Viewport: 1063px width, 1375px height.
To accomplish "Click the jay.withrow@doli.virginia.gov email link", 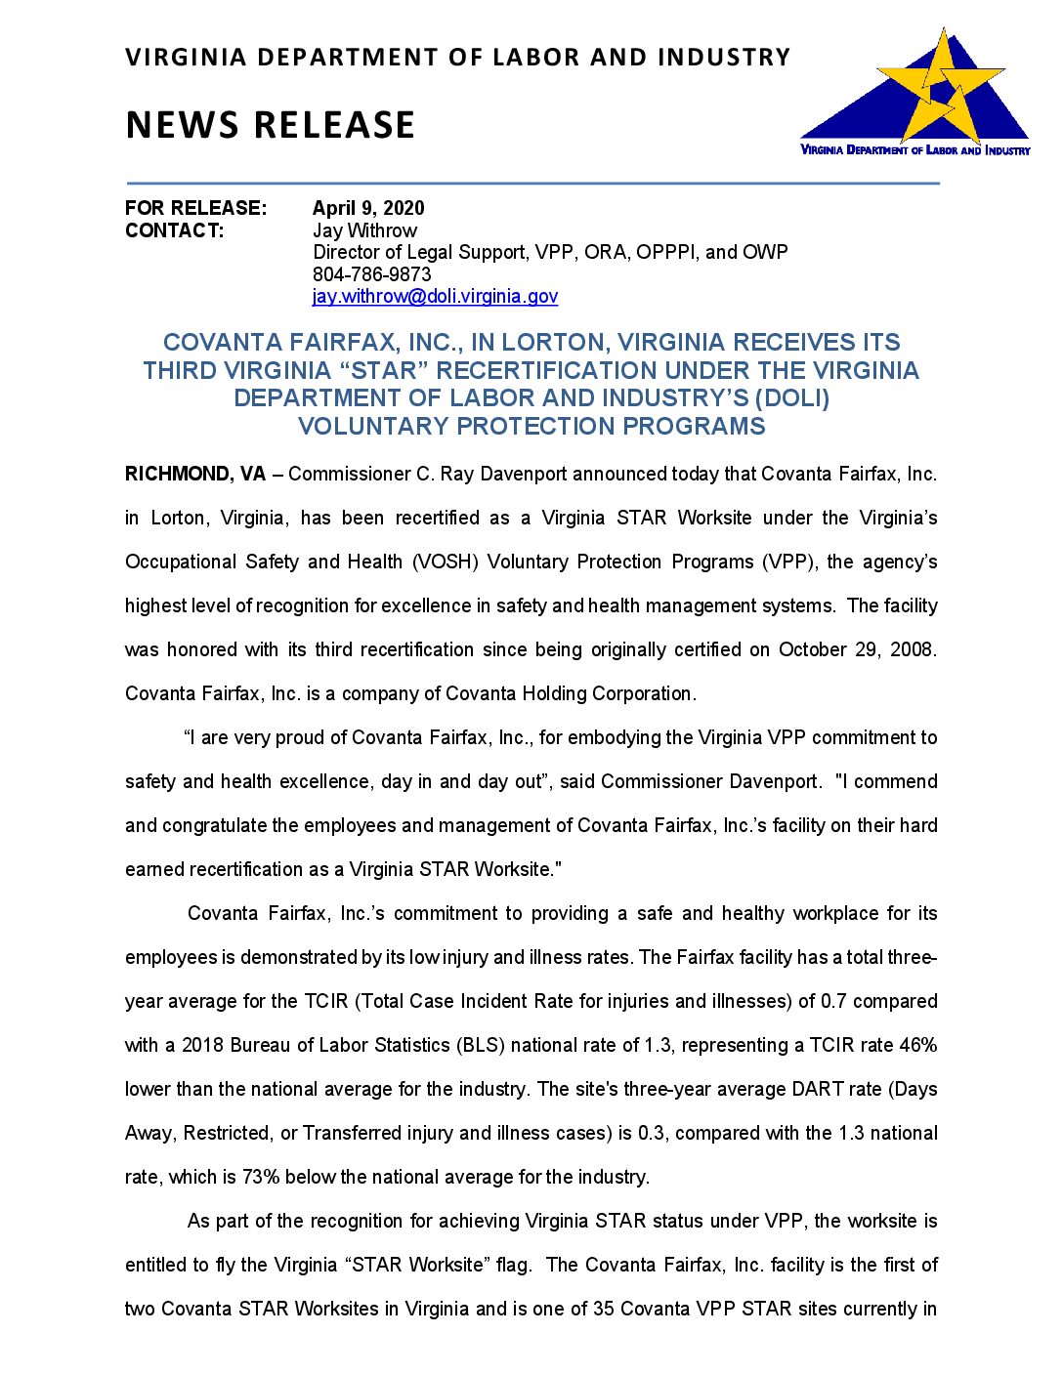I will tap(435, 296).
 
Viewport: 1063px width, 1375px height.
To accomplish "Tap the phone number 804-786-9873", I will tap(371, 274).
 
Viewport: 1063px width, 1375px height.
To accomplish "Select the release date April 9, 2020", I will tap(368, 208).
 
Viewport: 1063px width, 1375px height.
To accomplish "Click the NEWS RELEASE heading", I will tap(271, 125).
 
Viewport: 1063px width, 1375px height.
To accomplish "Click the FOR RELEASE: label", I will tap(195, 208).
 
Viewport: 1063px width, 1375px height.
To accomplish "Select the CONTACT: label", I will tap(174, 230).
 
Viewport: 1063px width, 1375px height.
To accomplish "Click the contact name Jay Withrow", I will tap(364, 230).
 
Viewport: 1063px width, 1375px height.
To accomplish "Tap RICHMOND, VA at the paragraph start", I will tap(195, 474).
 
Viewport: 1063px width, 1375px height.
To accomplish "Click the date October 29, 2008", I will tap(857, 649).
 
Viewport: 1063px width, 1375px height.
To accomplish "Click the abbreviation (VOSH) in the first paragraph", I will tap(445, 562).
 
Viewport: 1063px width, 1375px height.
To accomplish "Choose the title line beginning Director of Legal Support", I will tap(550, 252).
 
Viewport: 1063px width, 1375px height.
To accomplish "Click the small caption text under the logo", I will tap(914, 150).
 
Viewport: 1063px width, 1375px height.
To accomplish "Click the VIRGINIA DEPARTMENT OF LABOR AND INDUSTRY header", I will tap(457, 58).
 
